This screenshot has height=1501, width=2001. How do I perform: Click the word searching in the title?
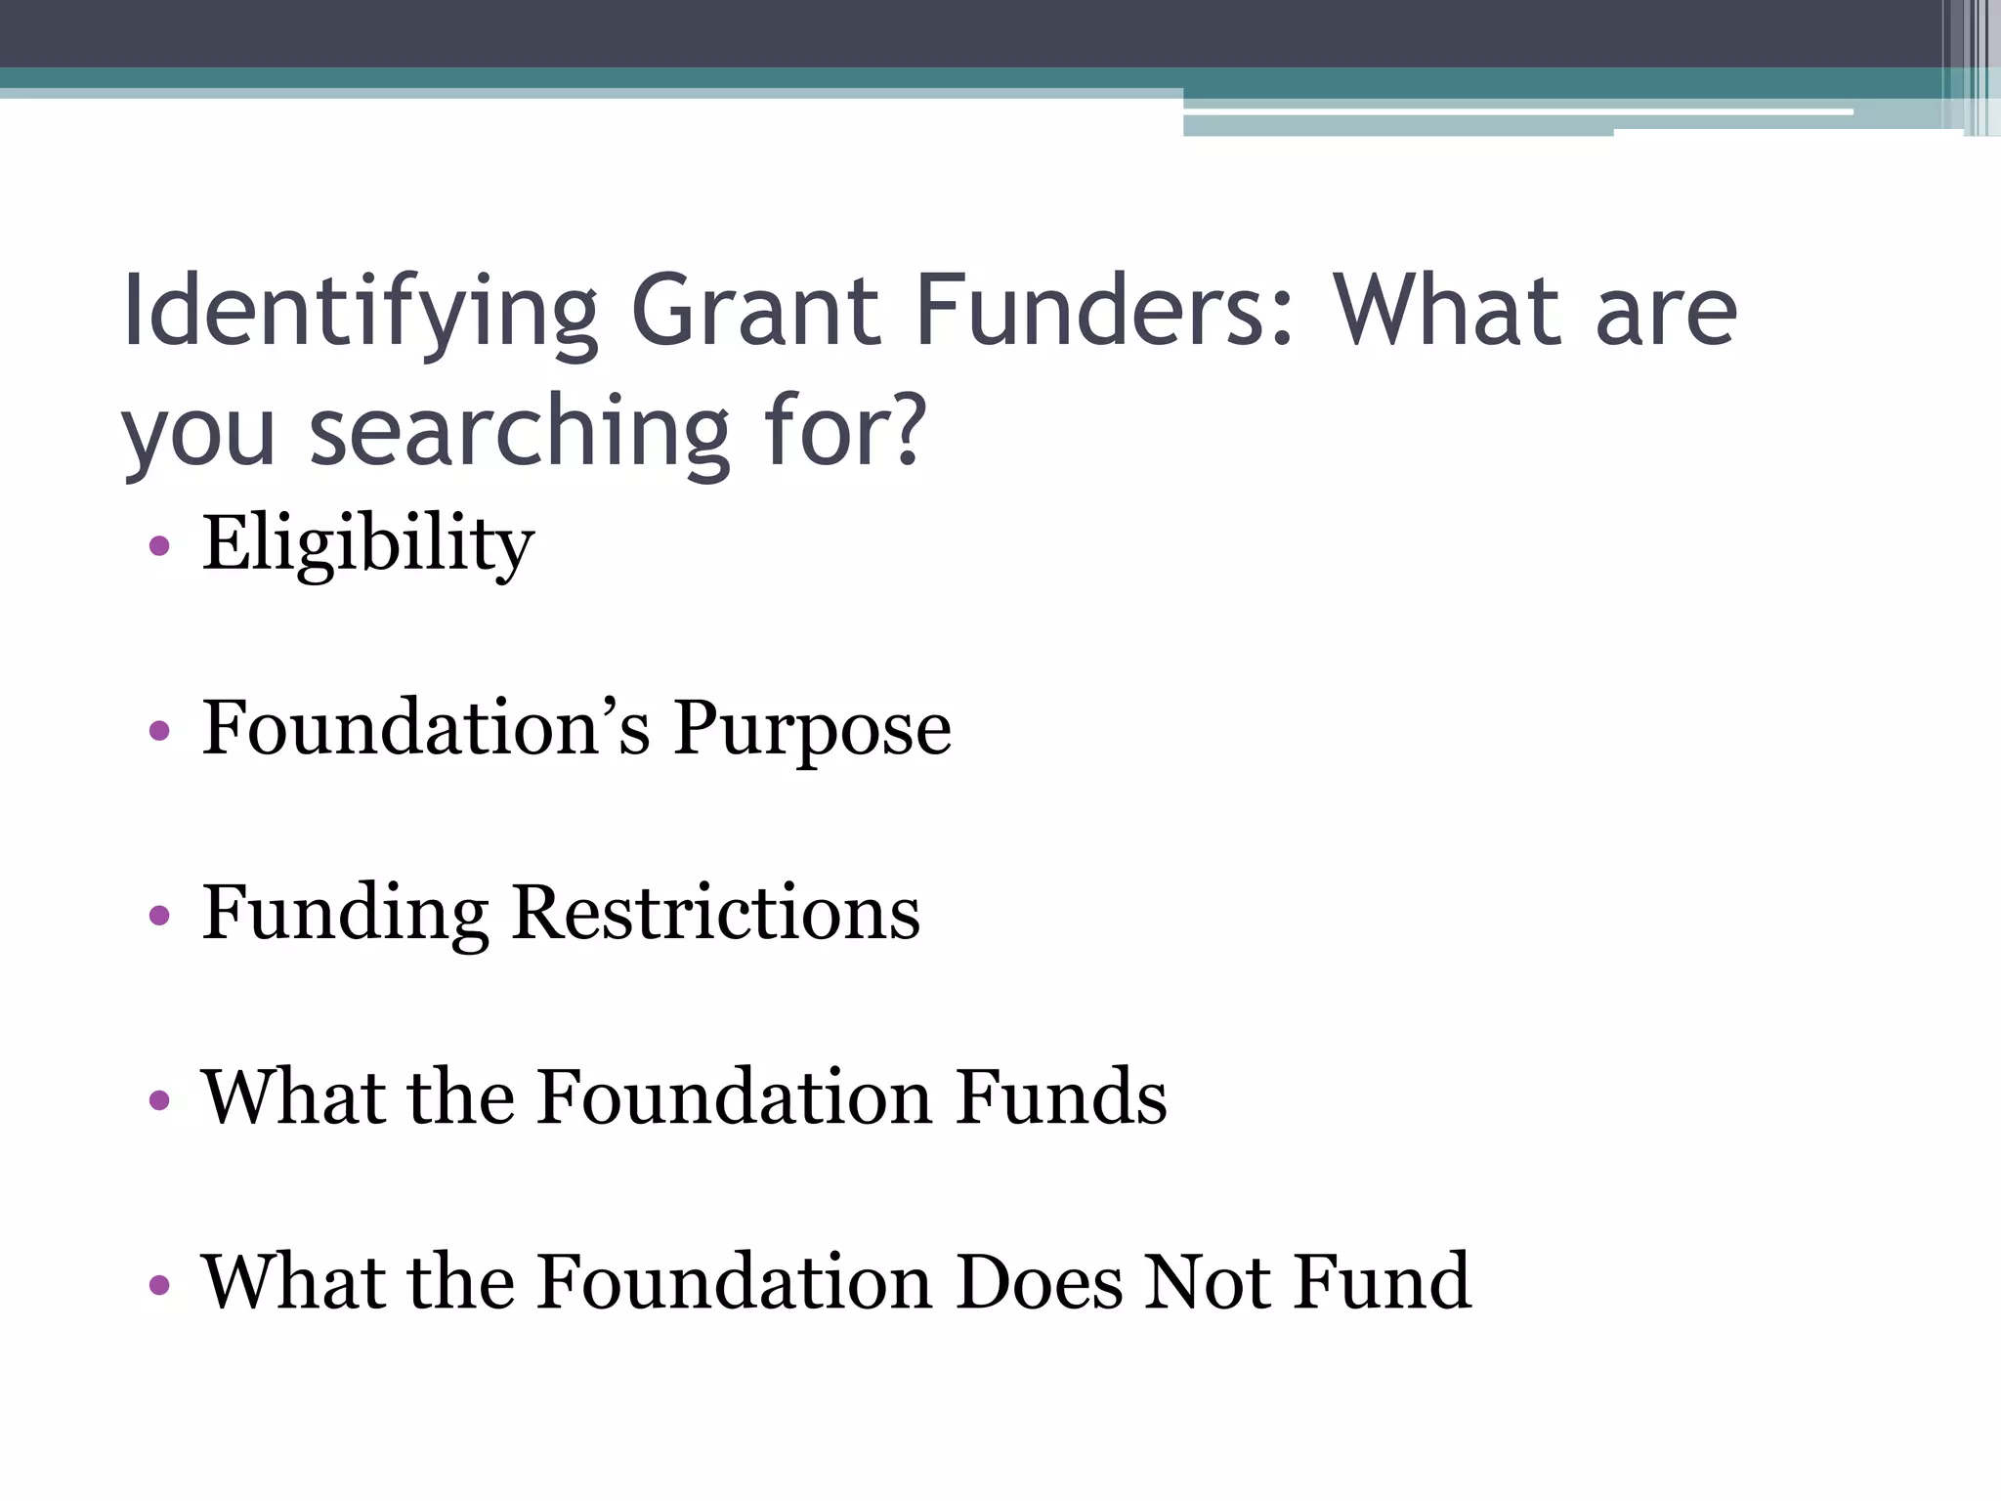520,433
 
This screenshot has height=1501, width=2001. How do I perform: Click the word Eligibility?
368,545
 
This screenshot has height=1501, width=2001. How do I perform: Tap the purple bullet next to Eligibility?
159,545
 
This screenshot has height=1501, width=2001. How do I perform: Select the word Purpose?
812,730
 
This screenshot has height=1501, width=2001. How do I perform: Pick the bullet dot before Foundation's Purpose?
159,730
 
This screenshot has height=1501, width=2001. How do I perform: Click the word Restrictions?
715,913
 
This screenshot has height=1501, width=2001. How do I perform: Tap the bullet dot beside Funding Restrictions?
159,916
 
